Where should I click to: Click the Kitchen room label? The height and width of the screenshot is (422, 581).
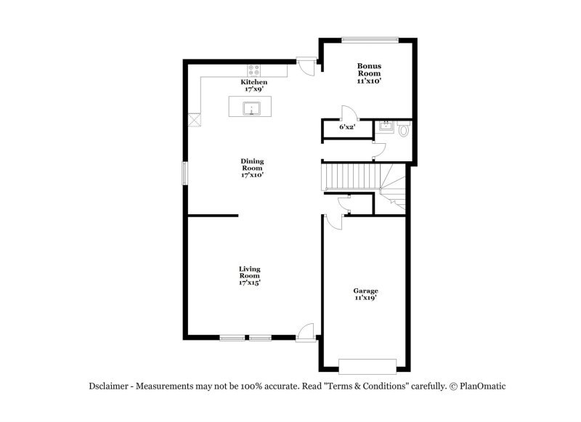click(x=255, y=83)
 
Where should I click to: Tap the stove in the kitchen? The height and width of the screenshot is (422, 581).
click(x=255, y=70)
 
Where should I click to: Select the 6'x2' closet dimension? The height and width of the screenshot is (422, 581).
click(x=347, y=127)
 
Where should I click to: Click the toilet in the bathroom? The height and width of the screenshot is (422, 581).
click(x=405, y=129)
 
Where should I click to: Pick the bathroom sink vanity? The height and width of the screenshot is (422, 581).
click(x=386, y=126)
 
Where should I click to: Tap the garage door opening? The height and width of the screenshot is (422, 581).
click(x=368, y=365)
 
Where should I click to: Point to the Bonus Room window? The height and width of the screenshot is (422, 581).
click(x=370, y=38)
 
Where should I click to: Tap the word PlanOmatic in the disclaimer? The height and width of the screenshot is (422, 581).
click(x=480, y=386)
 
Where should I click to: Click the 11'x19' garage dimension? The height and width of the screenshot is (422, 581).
click(x=365, y=299)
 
